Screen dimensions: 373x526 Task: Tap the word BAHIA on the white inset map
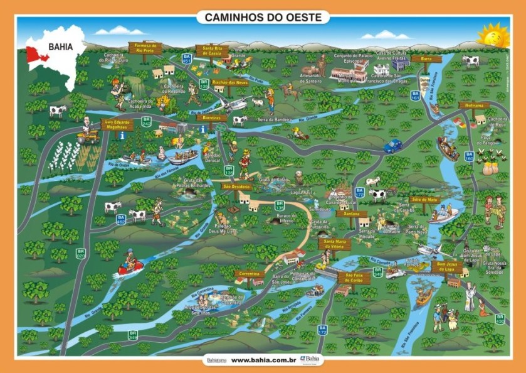(60, 46)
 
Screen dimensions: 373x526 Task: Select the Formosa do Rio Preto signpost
(145, 47)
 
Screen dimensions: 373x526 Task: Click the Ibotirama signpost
(473, 105)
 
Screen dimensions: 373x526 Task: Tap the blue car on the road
(393, 146)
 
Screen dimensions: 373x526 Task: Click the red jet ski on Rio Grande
(130, 267)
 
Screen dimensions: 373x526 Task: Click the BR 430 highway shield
(500, 320)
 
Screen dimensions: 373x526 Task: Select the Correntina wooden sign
(250, 274)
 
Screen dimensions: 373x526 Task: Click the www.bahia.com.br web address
(263, 360)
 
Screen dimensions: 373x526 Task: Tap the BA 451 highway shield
(186, 58)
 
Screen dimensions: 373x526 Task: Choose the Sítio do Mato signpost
(424, 199)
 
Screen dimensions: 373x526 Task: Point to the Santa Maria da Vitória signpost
(333, 242)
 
